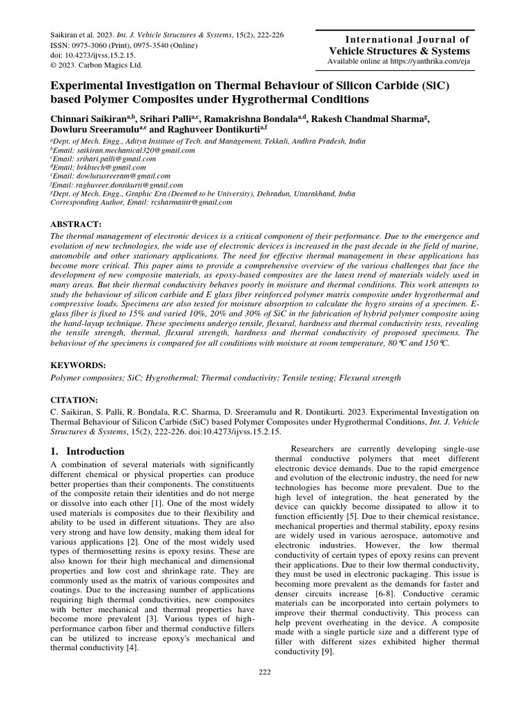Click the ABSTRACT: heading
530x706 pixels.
tap(77, 225)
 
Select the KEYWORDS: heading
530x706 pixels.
tap(78, 365)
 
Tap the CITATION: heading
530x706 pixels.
tap(75, 400)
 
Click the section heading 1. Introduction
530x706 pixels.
tap(88, 452)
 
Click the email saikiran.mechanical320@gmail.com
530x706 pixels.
tap(117, 149)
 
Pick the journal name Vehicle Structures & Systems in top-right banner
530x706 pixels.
tap(409, 51)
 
